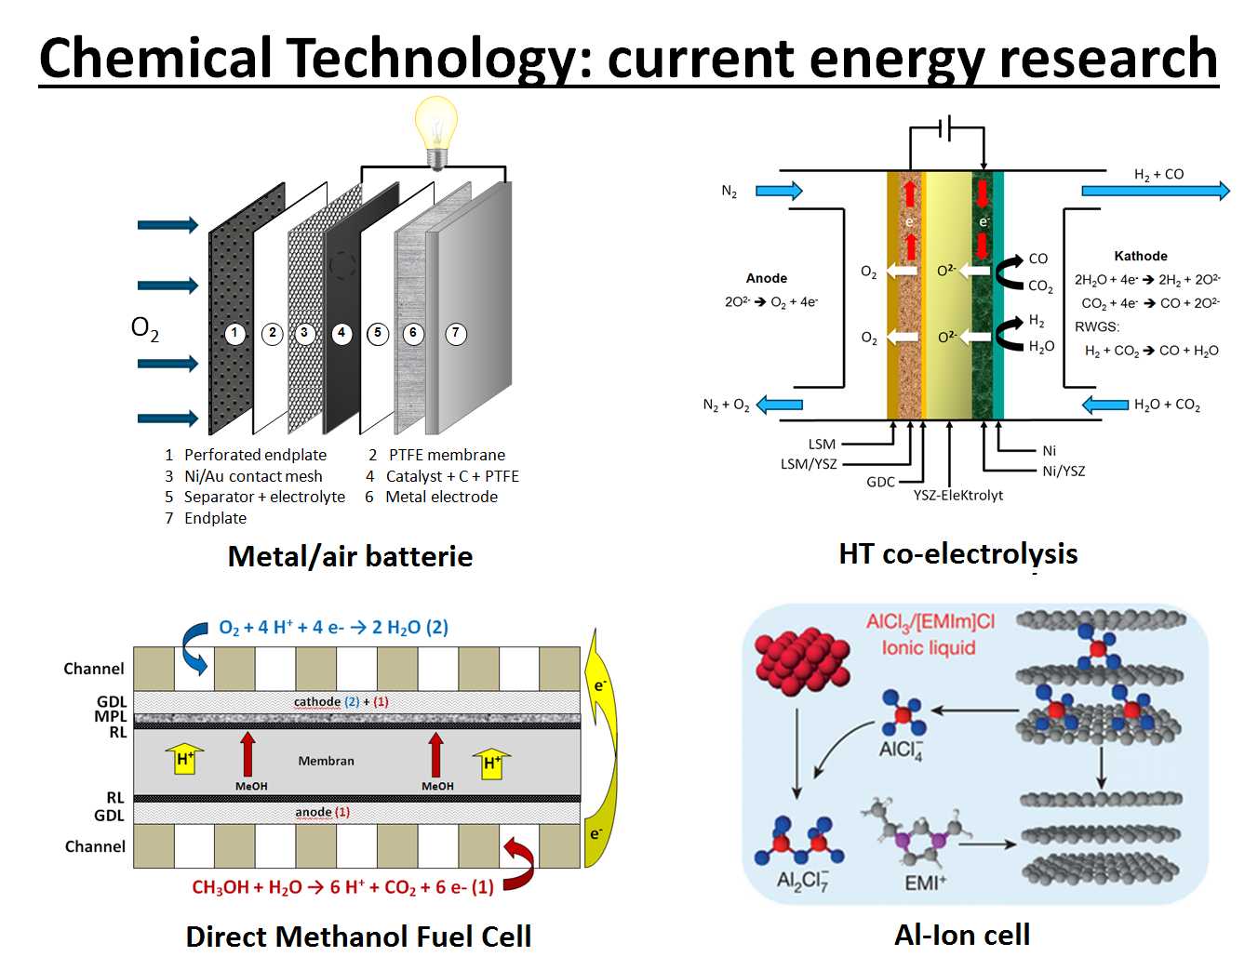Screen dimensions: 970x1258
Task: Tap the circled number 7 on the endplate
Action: (456, 333)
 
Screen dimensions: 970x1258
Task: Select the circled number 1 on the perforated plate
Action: (235, 333)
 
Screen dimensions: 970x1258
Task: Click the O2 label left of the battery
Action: (144, 327)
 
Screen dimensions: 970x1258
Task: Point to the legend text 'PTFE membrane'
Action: (447, 455)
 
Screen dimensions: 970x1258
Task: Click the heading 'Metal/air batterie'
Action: (350, 556)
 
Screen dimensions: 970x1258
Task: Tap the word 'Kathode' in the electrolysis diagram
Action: (1140, 256)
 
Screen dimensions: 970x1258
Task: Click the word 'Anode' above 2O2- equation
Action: (766, 278)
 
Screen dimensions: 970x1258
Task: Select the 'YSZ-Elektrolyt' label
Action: (957, 495)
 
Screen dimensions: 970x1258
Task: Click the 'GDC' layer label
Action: (880, 482)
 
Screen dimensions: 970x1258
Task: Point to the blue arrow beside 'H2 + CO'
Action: (1155, 191)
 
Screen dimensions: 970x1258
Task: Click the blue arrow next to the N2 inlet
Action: (779, 191)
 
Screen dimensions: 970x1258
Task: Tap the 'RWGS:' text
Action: (1097, 326)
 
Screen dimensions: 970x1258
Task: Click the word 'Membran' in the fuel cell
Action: (326, 761)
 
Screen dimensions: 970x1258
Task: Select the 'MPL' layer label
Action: (110, 716)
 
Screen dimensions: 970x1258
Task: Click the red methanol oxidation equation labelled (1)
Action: (342, 887)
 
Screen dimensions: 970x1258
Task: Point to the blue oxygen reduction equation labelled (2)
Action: (333, 628)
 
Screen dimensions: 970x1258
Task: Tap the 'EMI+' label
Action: (925, 882)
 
